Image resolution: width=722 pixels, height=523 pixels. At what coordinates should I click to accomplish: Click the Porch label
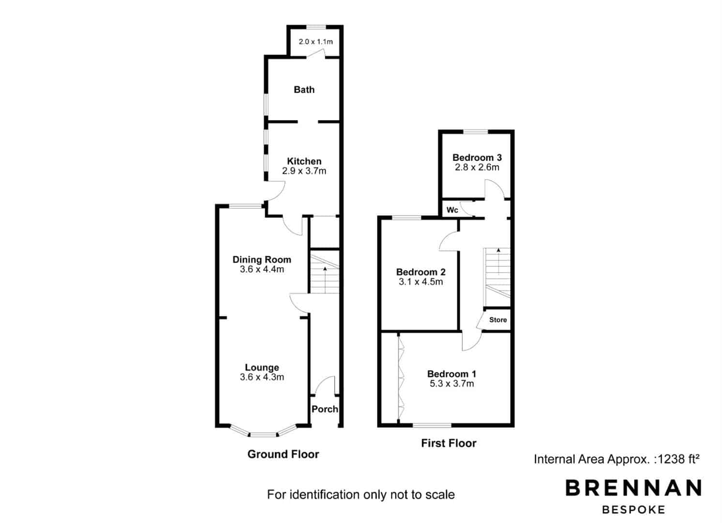(325, 409)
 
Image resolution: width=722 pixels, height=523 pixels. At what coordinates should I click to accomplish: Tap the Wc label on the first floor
(452, 210)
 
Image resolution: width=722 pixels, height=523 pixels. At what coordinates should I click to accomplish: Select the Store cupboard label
(498, 320)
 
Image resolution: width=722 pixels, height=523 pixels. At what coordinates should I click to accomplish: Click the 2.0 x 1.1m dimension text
(316, 42)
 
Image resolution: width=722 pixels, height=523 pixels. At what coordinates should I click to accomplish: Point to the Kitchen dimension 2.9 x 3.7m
(304, 170)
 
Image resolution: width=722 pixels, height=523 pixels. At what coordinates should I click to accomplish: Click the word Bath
(304, 90)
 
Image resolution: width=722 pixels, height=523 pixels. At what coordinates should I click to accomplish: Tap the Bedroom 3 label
(477, 157)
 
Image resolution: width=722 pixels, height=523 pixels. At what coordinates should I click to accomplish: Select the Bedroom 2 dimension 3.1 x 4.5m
(421, 282)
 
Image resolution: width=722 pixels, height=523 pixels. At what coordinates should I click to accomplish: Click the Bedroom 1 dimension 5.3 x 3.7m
(451, 384)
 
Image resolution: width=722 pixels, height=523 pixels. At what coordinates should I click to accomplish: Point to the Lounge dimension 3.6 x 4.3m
(262, 377)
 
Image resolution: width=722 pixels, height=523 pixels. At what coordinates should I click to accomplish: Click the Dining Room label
(262, 260)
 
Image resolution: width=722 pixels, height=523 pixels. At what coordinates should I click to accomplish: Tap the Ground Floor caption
(283, 454)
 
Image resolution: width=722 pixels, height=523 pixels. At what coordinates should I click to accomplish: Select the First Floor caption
(449, 443)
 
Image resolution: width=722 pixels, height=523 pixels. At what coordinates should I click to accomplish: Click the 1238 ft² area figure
(678, 459)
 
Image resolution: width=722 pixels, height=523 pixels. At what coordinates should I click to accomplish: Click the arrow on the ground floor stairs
(325, 279)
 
